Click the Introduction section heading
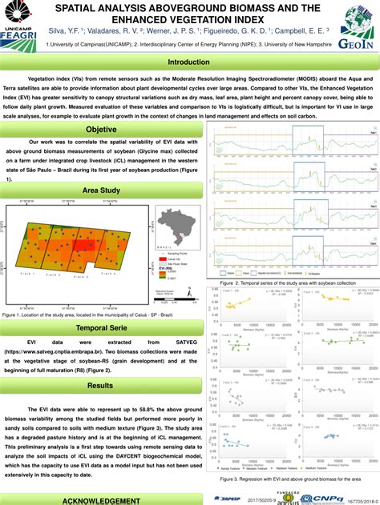[x=189, y=62]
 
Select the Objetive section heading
[x=102, y=130]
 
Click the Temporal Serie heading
[x=102, y=328]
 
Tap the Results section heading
[x=102, y=386]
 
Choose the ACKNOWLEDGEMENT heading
[x=102, y=499]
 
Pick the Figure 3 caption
[x=290, y=479]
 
